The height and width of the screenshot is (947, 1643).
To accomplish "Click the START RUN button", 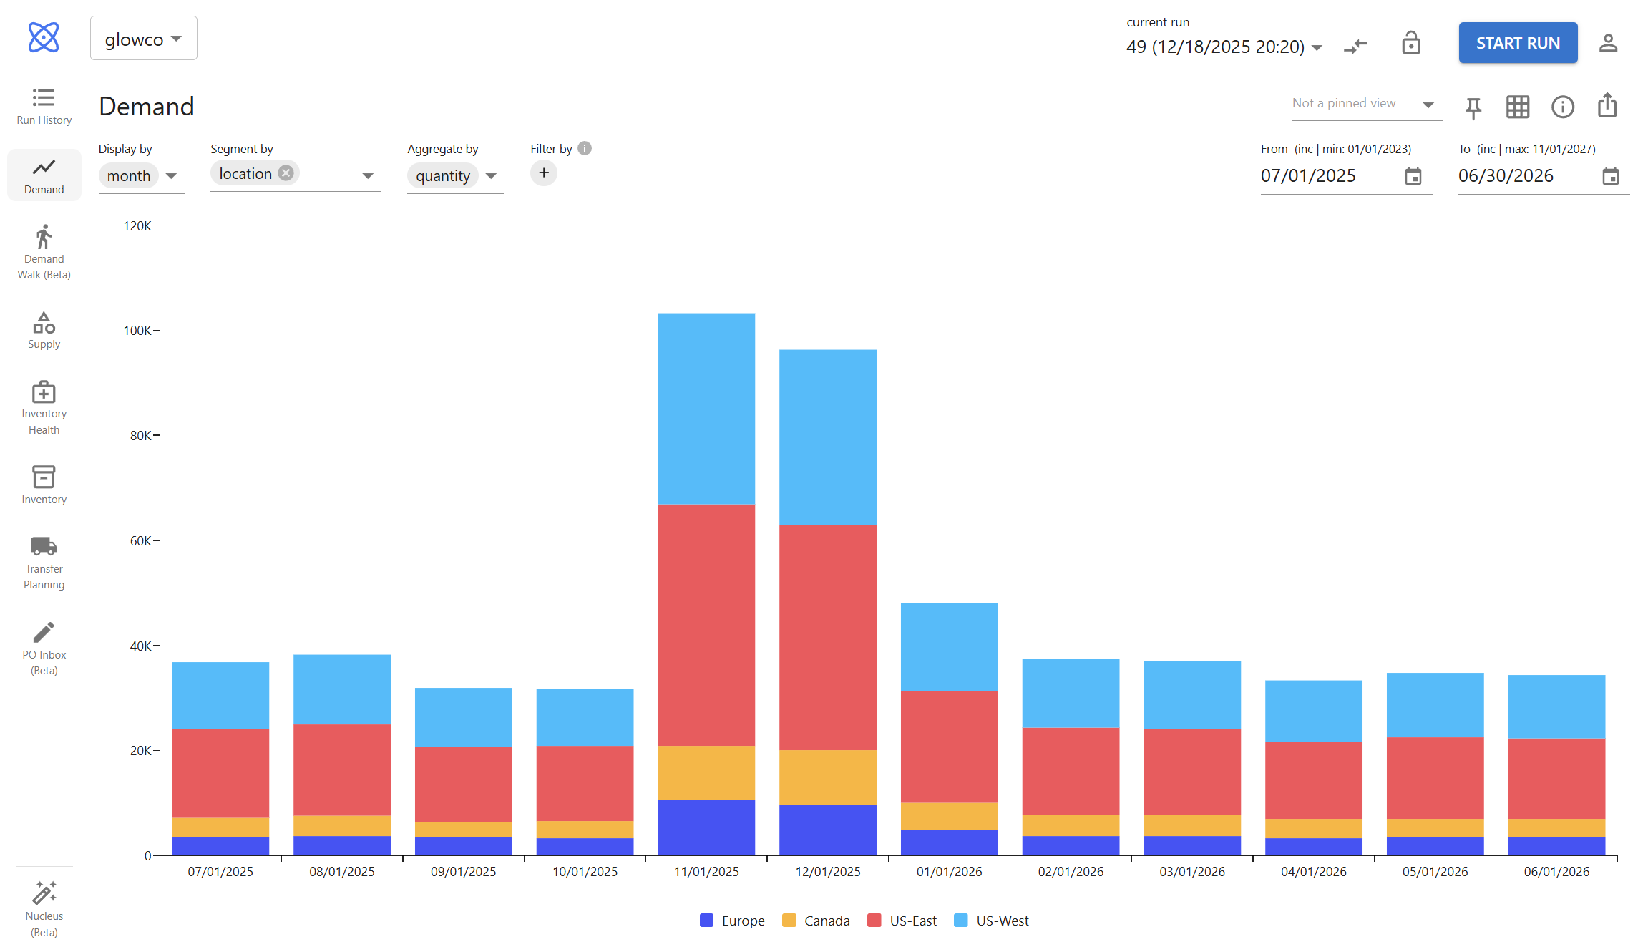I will point(1517,43).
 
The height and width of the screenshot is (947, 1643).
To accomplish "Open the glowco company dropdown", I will point(143,39).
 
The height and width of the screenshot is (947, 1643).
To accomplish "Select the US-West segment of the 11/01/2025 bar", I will point(706,408).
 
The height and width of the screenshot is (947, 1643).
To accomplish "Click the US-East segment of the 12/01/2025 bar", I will point(827,637).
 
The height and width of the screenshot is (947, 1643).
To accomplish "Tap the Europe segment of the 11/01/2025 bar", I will point(706,827).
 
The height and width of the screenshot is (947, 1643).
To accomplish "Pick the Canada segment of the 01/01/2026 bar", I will point(949,816).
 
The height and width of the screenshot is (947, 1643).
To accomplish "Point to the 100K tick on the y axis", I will point(137,331).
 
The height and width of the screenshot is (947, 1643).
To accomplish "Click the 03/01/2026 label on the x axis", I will point(1192,871).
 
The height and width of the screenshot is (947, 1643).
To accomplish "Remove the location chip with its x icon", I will point(286,173).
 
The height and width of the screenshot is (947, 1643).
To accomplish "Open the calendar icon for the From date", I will point(1413,176).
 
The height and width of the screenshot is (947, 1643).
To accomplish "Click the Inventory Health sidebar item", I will point(44,407).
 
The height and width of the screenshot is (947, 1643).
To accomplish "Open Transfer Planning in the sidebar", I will point(44,563).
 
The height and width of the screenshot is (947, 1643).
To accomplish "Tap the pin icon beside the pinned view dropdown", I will point(1473,107).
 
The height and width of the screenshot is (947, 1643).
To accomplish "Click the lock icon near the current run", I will point(1410,44).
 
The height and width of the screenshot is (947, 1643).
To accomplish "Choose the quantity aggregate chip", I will point(443,176).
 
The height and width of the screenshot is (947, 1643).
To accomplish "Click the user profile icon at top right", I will point(1608,44).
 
